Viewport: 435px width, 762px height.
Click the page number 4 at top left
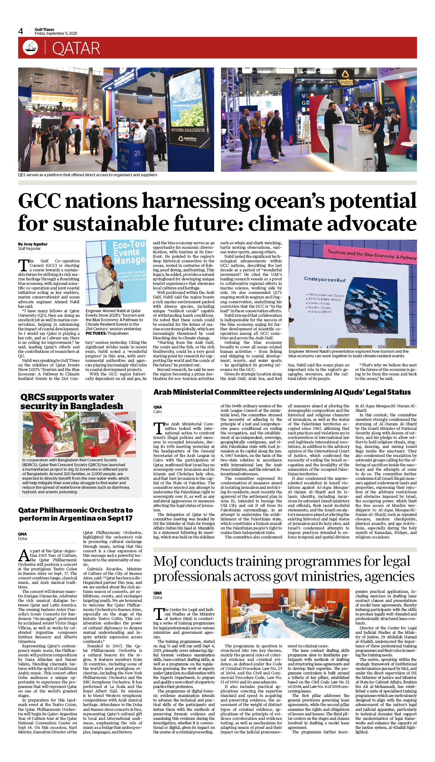pyautogui.click(x=21, y=31)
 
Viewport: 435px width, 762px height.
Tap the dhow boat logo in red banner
pyautogui.click(x=30, y=47)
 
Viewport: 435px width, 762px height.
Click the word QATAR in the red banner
pyautogui.click(x=76, y=49)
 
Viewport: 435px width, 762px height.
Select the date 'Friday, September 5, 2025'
pyautogui.click(x=56, y=34)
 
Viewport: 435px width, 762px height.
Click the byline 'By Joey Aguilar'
pyautogui.click(x=33, y=244)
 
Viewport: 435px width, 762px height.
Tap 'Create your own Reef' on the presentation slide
pyautogui.click(x=325, y=280)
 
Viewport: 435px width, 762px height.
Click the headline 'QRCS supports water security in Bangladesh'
pyautogui.click(x=71, y=401)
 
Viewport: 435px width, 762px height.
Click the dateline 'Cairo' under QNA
pyautogui.click(x=158, y=412)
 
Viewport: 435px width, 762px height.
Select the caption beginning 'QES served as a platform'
pyautogui.click(x=88, y=175)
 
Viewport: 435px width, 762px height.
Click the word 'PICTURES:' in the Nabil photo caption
pyautogui.click(x=96, y=333)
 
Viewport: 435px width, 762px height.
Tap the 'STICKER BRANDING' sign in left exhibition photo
pyautogui.click(x=188, y=130)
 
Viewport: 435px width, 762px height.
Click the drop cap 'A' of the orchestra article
pyautogui.click(x=24, y=555)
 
